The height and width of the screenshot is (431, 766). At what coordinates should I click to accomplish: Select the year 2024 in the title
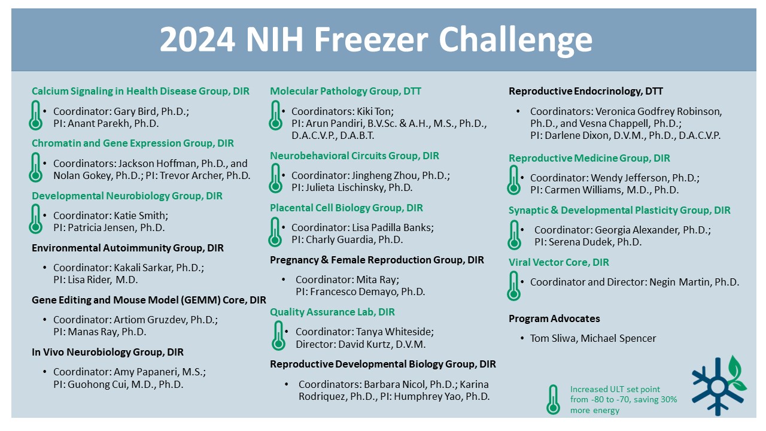[197, 40]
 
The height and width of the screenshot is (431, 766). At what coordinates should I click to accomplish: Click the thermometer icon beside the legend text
[553, 399]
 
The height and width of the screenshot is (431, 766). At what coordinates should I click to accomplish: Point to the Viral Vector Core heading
[559, 262]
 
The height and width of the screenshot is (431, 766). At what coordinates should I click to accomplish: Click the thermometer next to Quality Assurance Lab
[278, 336]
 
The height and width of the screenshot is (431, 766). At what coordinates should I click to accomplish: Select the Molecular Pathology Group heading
[345, 91]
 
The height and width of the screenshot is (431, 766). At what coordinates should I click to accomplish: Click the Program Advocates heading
[554, 318]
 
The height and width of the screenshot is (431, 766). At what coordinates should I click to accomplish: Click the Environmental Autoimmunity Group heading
[127, 248]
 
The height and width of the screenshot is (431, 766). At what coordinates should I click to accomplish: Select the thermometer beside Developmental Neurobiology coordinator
[35, 219]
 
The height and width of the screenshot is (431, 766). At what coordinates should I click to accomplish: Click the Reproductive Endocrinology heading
[586, 91]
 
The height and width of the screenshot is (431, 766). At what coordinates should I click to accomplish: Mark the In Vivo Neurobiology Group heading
[108, 352]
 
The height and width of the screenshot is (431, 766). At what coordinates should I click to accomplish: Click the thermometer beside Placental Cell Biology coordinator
[275, 232]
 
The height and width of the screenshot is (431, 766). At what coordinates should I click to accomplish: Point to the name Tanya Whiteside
[394, 332]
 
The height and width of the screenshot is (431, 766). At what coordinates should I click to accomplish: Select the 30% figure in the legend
[669, 399]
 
